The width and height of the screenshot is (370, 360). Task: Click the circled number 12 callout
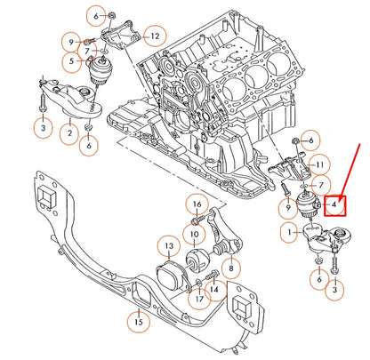[x=154, y=36]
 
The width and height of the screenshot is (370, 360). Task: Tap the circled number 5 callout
[x=69, y=60]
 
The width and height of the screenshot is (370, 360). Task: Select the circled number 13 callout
[x=168, y=244]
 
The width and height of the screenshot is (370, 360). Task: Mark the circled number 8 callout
[x=229, y=266]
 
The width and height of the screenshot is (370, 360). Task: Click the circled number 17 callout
[x=198, y=298]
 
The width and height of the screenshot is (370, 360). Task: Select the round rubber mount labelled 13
[x=164, y=275]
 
